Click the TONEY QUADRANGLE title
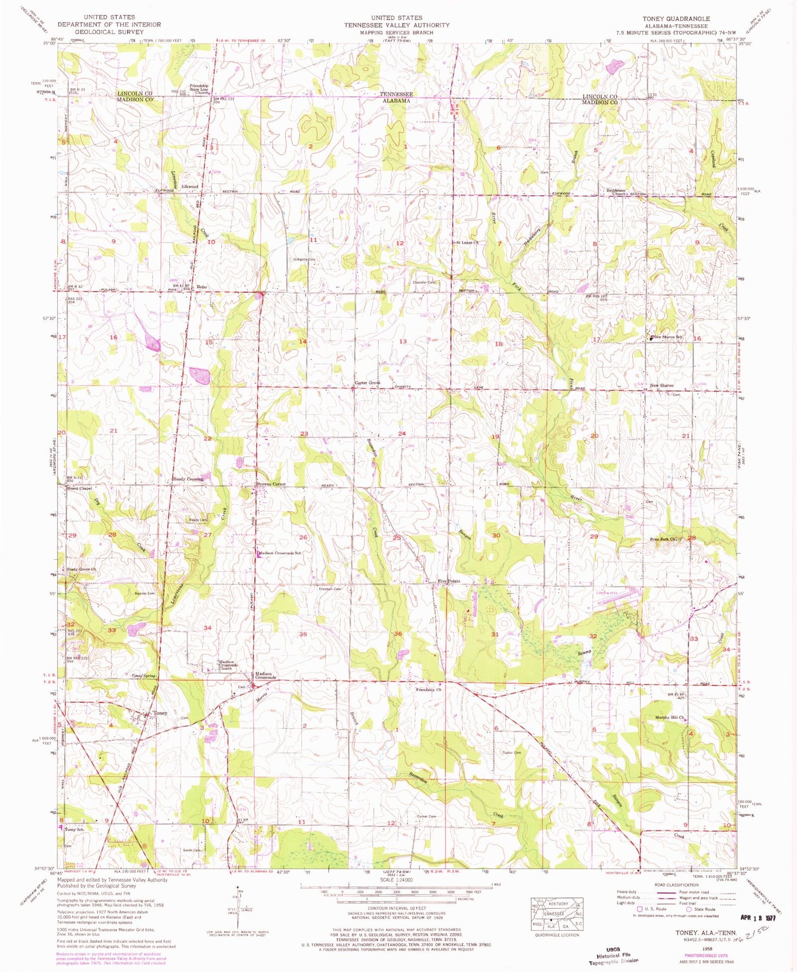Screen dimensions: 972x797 tap(676, 19)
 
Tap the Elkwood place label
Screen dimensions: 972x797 tap(190, 187)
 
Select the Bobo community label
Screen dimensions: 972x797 tap(201, 287)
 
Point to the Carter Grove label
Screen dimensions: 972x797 tap(368, 383)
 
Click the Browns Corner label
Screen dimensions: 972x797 tap(272, 484)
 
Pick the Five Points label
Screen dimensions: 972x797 tap(448, 581)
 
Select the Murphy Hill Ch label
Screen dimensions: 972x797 tap(666, 716)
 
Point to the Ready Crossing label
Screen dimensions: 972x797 tap(188, 479)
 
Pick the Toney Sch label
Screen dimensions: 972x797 tap(74, 829)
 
